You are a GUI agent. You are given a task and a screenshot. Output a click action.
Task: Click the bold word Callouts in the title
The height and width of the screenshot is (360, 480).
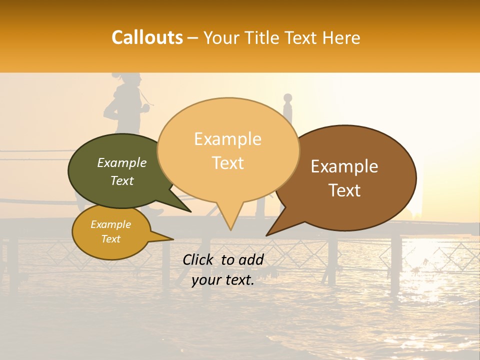(147, 37)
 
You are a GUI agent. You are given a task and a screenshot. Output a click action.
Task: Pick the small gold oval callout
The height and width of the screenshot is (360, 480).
(111, 232)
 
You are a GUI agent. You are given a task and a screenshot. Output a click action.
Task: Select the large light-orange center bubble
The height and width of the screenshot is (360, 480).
(228, 150)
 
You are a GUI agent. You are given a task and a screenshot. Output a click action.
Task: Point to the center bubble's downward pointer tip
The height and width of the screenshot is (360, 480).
(230, 230)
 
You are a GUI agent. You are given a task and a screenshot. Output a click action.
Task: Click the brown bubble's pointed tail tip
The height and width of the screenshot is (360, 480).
(266, 235)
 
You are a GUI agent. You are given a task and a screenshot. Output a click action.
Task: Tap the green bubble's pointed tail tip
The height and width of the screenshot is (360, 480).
(190, 212)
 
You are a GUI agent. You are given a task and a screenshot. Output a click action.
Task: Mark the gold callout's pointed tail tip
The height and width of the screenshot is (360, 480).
(173, 239)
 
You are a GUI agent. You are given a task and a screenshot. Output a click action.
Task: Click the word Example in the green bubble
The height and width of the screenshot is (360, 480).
(122, 163)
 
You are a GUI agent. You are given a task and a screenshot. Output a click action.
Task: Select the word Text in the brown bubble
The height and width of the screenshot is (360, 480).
(345, 190)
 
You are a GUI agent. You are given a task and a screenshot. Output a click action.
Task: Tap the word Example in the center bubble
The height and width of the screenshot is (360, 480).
(228, 139)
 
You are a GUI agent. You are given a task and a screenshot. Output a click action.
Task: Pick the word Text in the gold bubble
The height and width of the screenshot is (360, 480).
(111, 239)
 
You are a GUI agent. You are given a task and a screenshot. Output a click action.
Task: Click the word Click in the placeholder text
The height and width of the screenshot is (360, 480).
(198, 259)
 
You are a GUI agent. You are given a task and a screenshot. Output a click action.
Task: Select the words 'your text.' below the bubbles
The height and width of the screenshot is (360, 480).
(223, 280)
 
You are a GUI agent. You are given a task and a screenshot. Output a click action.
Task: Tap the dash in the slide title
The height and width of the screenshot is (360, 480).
(193, 38)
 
